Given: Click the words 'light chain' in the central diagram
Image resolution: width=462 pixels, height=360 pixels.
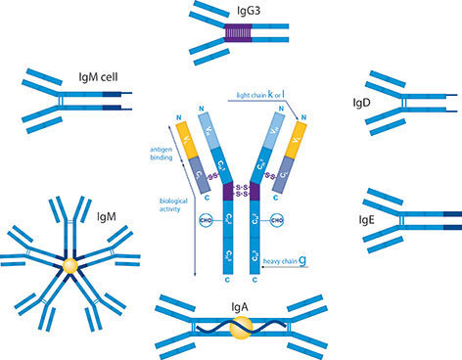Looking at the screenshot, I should click(x=260, y=93).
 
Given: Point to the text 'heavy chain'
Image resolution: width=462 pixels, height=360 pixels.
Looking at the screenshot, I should click(x=279, y=263).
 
